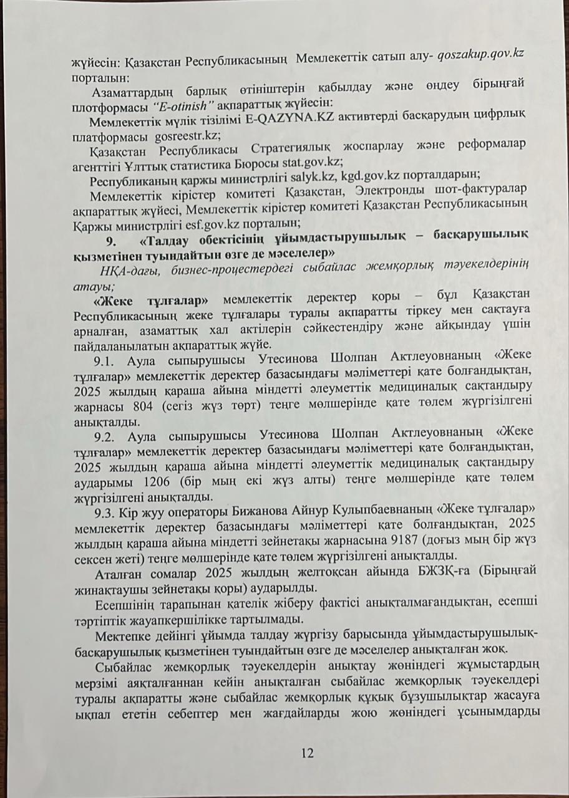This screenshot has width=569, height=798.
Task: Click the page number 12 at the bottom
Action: coord(306,753)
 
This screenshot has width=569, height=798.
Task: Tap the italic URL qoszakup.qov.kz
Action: coord(480,54)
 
